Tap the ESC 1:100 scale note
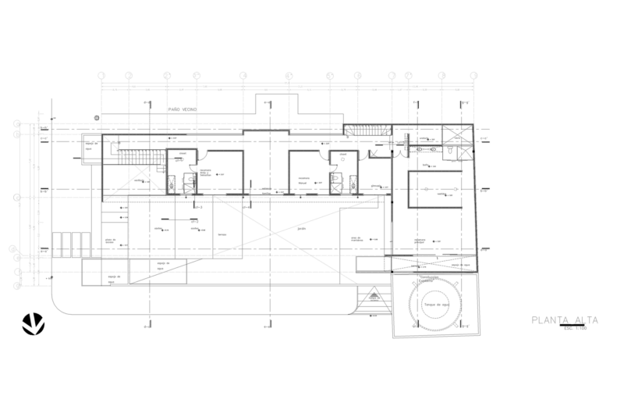tap(576, 327)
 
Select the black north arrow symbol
tap(34, 322)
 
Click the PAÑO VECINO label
tap(182, 111)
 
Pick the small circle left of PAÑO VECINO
tap(96, 116)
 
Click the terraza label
tap(221, 233)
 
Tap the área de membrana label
tap(360, 237)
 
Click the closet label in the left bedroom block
tap(181, 153)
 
